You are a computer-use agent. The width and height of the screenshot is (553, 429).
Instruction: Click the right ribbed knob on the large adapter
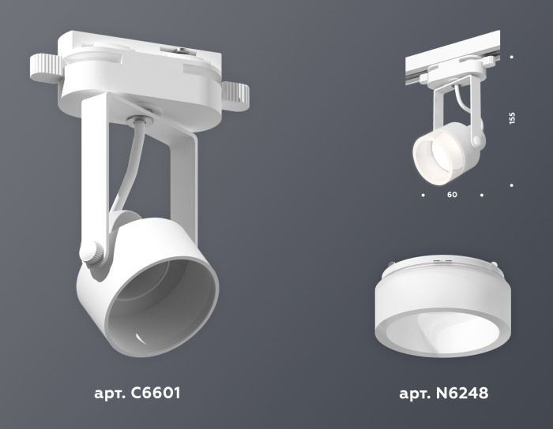pyautogui.click(x=235, y=95)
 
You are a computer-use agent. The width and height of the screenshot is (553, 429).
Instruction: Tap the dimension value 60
pyautogui.click(x=452, y=193)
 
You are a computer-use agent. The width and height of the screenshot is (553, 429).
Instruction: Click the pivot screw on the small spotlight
pyautogui.click(x=476, y=140)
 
